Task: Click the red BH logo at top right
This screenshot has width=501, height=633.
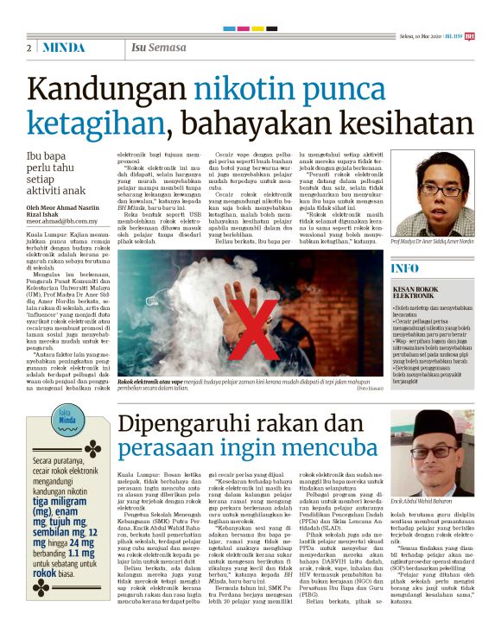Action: pos(493,35)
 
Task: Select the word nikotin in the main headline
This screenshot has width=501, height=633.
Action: pos(244,89)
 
